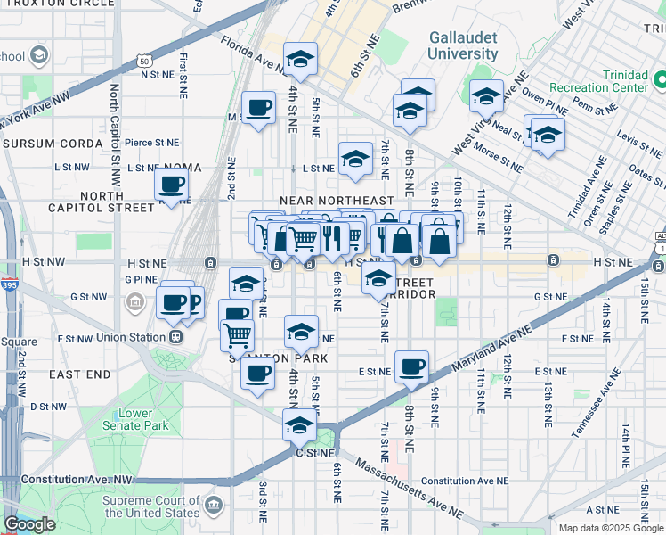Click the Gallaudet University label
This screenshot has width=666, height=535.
pos(462,45)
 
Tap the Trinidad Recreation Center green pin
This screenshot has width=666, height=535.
pos(659,81)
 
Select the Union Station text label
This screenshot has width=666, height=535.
pos(129,337)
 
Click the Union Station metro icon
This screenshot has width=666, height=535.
pos(176,337)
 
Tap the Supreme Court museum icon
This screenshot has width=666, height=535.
pos(214,506)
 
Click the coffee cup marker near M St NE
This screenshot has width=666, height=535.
pos(259,109)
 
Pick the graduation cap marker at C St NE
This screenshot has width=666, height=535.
pos(300,425)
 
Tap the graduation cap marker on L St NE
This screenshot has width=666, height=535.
pos(355,160)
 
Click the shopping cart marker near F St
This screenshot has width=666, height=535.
pos(238,335)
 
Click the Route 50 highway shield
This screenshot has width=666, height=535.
pos(144,62)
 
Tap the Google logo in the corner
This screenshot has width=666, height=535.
pos(29,524)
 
